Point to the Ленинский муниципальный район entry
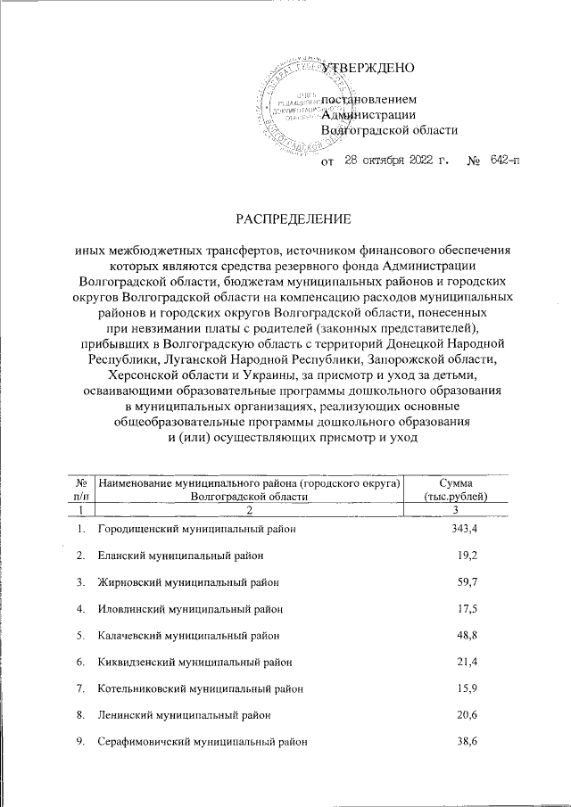182,715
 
